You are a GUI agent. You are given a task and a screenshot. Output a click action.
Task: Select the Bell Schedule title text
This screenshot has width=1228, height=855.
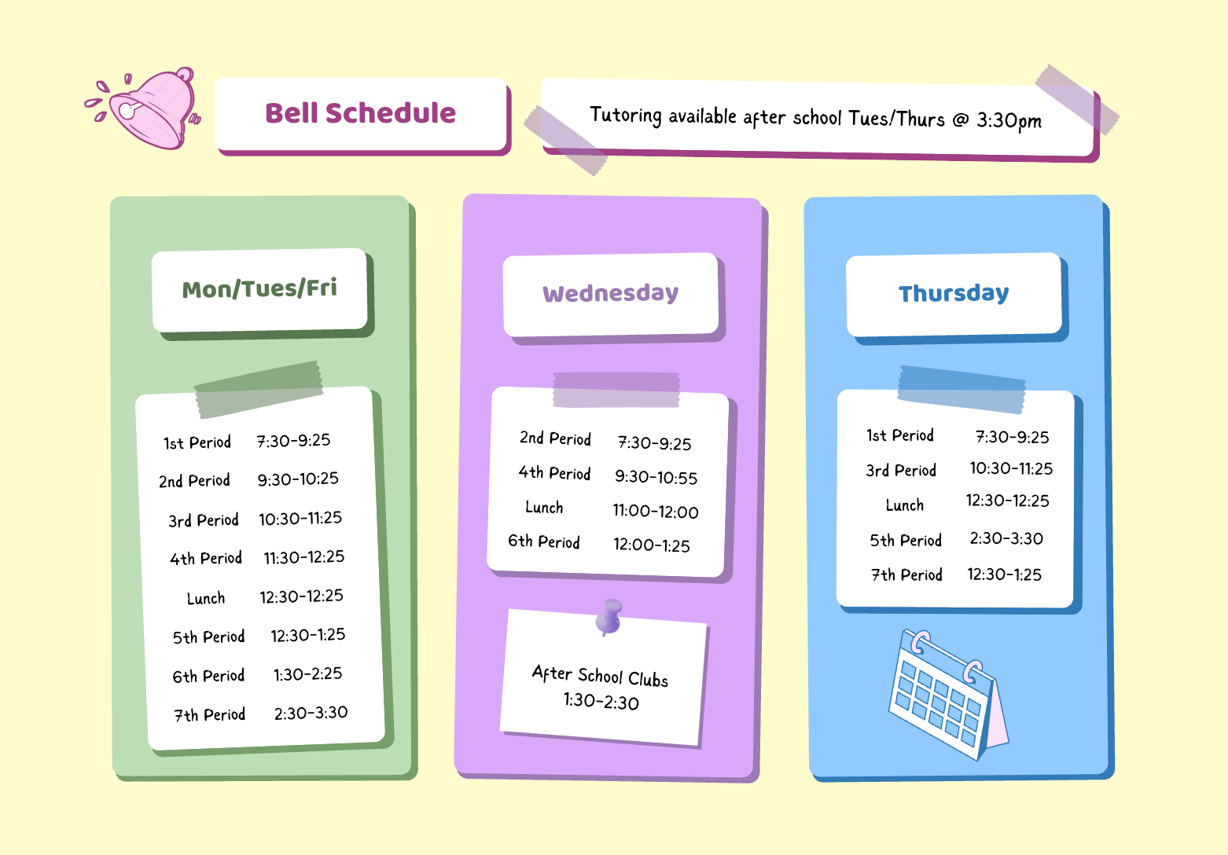[360, 113]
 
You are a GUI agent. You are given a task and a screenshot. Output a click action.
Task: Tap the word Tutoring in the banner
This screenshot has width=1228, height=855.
[626, 116]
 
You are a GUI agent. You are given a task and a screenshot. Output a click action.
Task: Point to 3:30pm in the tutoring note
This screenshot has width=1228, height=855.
[1009, 120]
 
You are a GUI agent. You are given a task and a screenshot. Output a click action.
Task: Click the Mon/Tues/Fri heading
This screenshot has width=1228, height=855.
[259, 288]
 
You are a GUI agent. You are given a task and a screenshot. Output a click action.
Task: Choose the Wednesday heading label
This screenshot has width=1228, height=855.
[610, 293]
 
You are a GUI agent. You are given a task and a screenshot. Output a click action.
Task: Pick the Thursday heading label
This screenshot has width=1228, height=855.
[954, 293]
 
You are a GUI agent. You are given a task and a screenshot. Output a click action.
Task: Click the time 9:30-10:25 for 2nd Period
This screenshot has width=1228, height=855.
[298, 479]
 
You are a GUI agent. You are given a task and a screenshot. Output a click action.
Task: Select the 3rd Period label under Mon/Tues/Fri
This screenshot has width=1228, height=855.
[203, 520]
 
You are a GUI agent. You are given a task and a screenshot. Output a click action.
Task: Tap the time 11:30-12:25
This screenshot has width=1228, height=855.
[303, 557]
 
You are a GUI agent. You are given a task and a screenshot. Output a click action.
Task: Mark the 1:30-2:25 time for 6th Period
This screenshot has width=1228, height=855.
[307, 673]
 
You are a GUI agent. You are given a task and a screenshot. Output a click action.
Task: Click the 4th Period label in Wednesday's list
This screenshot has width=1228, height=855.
[554, 473]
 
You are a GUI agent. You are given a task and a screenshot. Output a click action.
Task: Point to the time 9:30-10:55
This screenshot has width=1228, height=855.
[656, 477]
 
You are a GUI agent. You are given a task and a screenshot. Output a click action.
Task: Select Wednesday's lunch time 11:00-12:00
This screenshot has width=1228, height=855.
[656, 512]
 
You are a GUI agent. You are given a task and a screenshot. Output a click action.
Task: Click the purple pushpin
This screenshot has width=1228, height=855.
[608, 616]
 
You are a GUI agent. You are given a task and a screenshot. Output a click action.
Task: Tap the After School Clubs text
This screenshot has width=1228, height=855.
[600, 676]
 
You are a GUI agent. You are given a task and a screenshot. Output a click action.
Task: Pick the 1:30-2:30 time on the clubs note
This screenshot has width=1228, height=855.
[601, 701]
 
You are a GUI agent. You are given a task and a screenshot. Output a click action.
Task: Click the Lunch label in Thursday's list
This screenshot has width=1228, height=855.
[904, 505]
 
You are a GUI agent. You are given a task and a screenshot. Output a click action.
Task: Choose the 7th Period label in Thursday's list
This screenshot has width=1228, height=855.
[906, 574]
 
